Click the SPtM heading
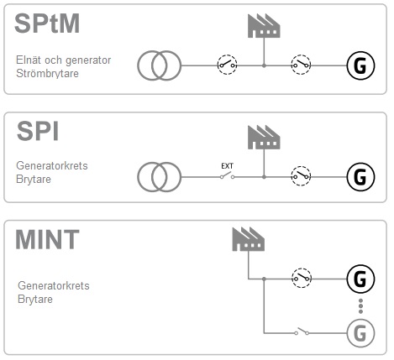point(47,23)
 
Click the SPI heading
point(38,131)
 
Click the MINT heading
point(47,239)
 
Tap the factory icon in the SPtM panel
point(264,26)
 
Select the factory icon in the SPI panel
point(264,137)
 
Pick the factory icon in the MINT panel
point(249,239)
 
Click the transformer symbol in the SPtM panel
point(159,65)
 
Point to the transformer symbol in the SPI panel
point(159,177)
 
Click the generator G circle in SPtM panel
point(360,65)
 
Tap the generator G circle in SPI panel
point(360,177)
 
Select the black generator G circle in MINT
point(360,279)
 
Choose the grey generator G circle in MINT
point(360,333)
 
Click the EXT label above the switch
point(227,166)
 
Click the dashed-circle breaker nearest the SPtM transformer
point(227,65)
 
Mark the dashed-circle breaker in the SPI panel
point(301,176)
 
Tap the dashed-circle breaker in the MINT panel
point(302,278)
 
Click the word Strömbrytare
point(47,74)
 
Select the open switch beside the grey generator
point(302,331)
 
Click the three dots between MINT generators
point(360,306)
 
